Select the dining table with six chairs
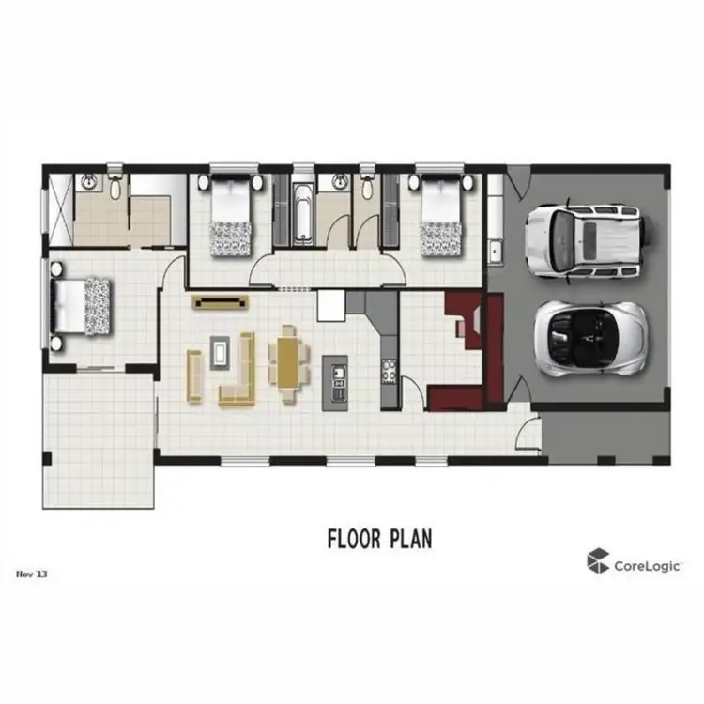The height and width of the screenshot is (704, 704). (x=289, y=361)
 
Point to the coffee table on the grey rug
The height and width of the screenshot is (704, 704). (x=221, y=353)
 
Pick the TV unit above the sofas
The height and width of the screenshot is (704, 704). (x=222, y=301)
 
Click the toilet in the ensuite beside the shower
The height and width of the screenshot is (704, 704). (x=115, y=186)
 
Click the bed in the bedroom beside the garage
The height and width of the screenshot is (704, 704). (x=438, y=218)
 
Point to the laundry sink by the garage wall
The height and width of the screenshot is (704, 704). (x=494, y=250)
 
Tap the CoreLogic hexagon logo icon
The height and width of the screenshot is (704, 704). (x=597, y=561)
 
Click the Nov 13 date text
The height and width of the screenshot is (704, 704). (x=31, y=572)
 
